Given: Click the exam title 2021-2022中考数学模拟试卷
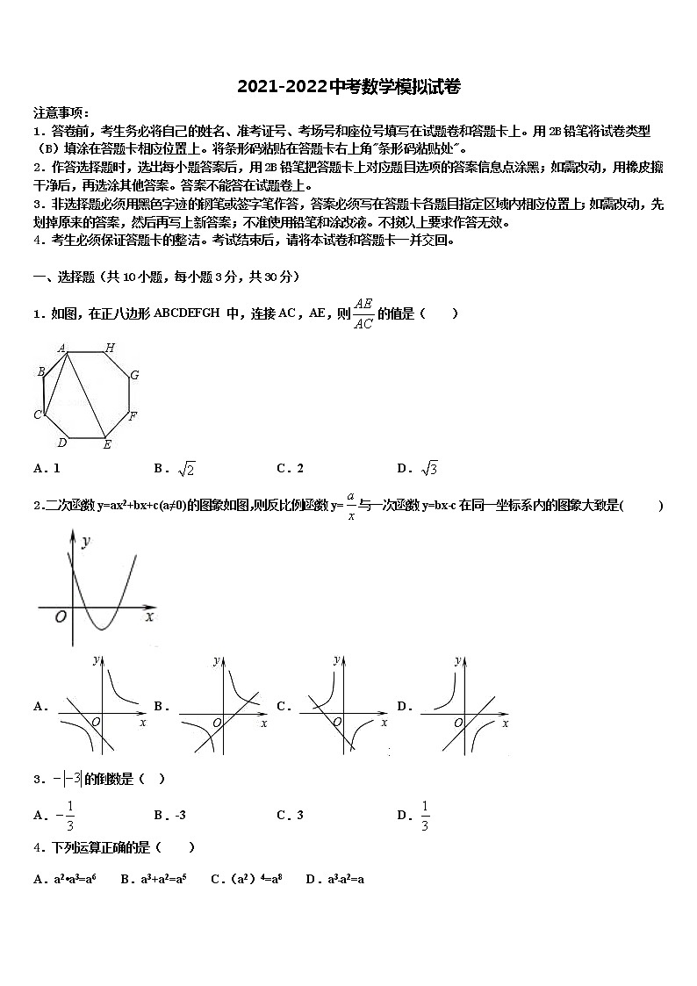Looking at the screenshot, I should coord(348,86).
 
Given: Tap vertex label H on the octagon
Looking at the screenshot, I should coord(110,348).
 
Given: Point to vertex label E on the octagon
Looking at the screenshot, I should coord(107,445).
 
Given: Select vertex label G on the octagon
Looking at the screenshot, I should coord(134,375).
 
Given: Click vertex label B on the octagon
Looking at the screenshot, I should coord(40,372).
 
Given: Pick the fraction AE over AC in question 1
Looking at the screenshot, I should coord(363,314).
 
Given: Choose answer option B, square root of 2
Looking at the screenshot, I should coord(175,469).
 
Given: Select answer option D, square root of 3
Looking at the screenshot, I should coord(418,469).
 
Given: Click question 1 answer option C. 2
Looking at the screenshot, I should coord(291,469).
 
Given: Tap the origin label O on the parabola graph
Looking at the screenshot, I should coord(60,616).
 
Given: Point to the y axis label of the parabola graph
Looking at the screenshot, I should coord(85,543).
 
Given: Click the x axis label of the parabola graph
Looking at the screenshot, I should coord(149,616).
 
